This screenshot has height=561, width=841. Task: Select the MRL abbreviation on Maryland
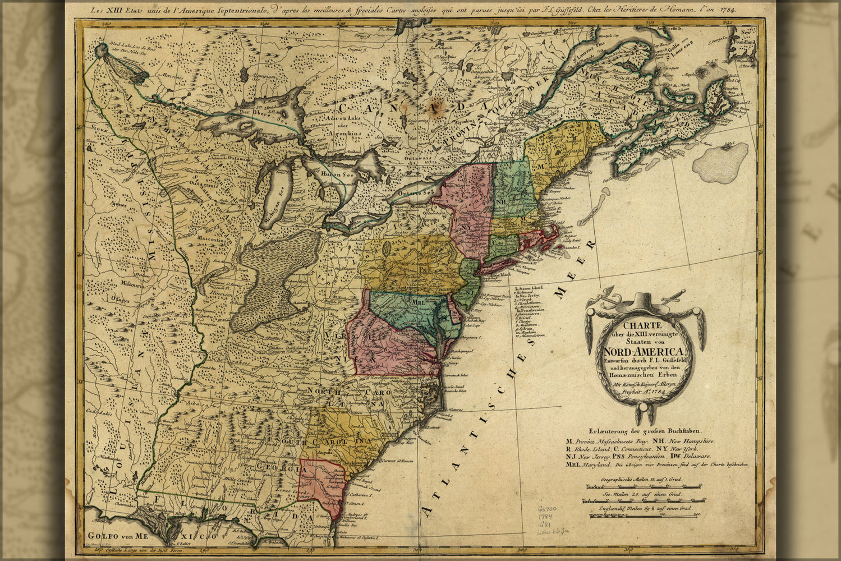[x=419, y=301]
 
